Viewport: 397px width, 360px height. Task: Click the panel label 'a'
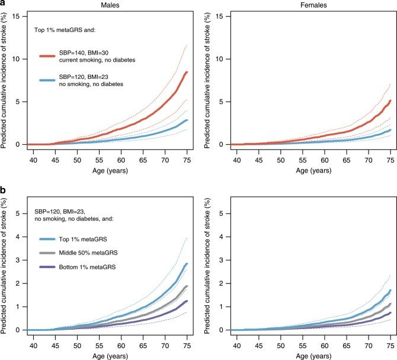(4, 4)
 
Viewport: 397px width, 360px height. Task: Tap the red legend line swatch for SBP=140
(53, 56)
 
